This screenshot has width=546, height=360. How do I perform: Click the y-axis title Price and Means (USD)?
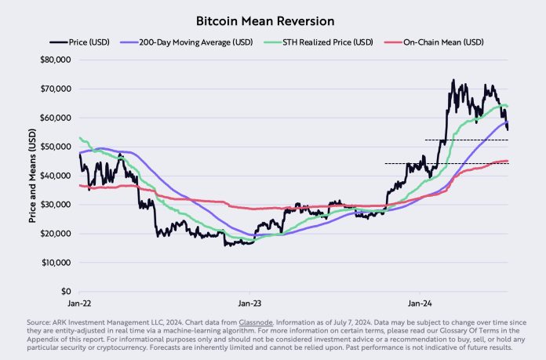(32, 176)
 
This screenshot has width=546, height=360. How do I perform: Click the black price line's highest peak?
(453, 80)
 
